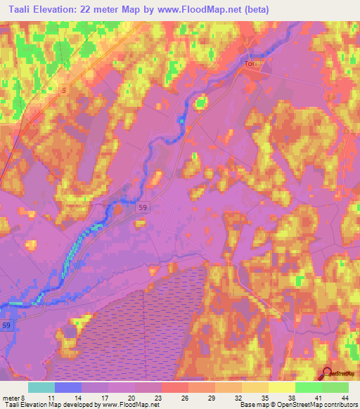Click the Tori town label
[x=251, y=64]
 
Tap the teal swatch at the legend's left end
[x=41, y=387]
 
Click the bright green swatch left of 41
[x=308, y=387]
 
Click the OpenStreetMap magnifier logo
[x=327, y=373]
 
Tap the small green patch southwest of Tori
[x=201, y=103]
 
